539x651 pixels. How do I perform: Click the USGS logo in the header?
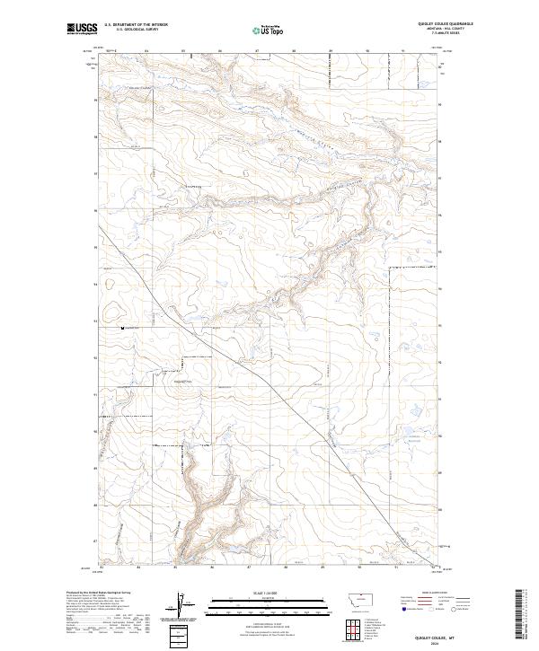tap(80, 30)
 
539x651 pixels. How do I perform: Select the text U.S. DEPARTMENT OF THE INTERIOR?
tap(136, 26)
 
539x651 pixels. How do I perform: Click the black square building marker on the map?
tap(123, 329)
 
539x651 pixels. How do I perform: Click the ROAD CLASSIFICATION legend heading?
tap(435, 593)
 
